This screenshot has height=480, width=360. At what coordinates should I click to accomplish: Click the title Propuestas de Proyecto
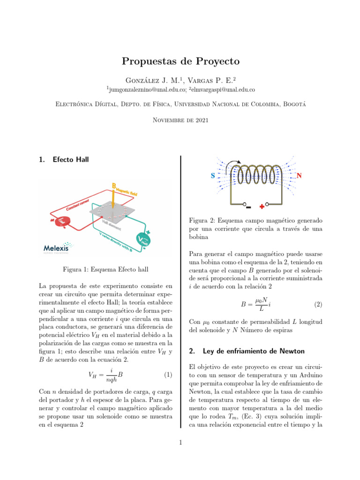[180, 61]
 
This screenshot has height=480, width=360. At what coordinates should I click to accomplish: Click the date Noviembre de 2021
[180, 120]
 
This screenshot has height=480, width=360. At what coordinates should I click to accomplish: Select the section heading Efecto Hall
[71, 159]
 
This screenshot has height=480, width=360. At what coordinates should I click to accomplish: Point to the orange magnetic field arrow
[114, 197]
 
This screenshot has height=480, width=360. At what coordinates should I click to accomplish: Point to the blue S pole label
[212, 176]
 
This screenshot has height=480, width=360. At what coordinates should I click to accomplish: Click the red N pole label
[299, 176]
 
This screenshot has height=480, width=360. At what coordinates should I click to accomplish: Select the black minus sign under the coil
[248, 207]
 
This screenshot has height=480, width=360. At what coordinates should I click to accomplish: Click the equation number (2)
[318, 304]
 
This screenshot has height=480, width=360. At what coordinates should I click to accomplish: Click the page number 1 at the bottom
[180, 442]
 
